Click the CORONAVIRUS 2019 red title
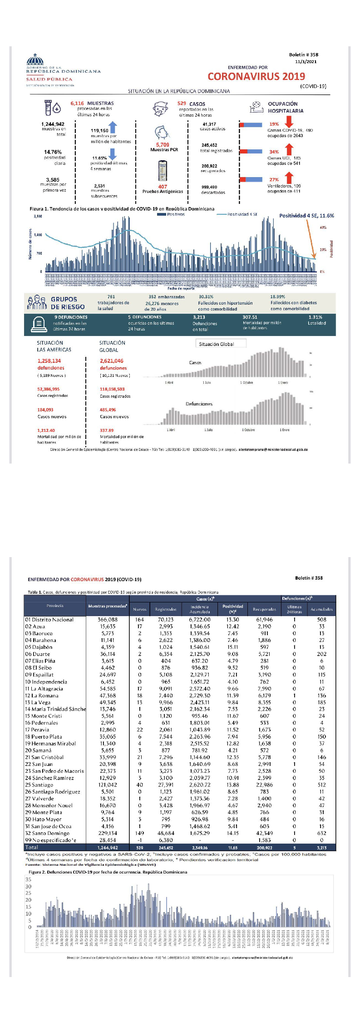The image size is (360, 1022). click(x=256, y=76)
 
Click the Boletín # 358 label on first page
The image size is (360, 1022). click(x=303, y=54)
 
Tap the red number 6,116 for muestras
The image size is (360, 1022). click(x=77, y=104)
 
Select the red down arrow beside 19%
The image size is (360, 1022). click(x=289, y=122)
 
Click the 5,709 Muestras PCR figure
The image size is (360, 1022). click(x=163, y=145)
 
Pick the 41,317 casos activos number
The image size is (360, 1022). click(x=209, y=124)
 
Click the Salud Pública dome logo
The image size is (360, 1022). click(x=35, y=60)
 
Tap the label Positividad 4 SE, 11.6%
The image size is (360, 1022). click(x=306, y=216)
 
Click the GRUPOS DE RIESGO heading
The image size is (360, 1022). click(x=67, y=303)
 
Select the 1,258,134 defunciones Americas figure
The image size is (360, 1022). click(x=49, y=361)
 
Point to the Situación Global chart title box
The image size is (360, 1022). click(x=221, y=344)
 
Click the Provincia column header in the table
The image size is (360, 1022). click(x=55, y=606)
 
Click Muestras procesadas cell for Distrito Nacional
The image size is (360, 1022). click(x=108, y=619)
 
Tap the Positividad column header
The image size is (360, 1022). click(x=232, y=608)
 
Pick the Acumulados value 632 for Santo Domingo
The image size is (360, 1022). click(x=321, y=833)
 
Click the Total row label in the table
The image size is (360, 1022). click(x=32, y=847)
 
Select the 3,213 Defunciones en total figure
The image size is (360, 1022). click(x=199, y=317)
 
